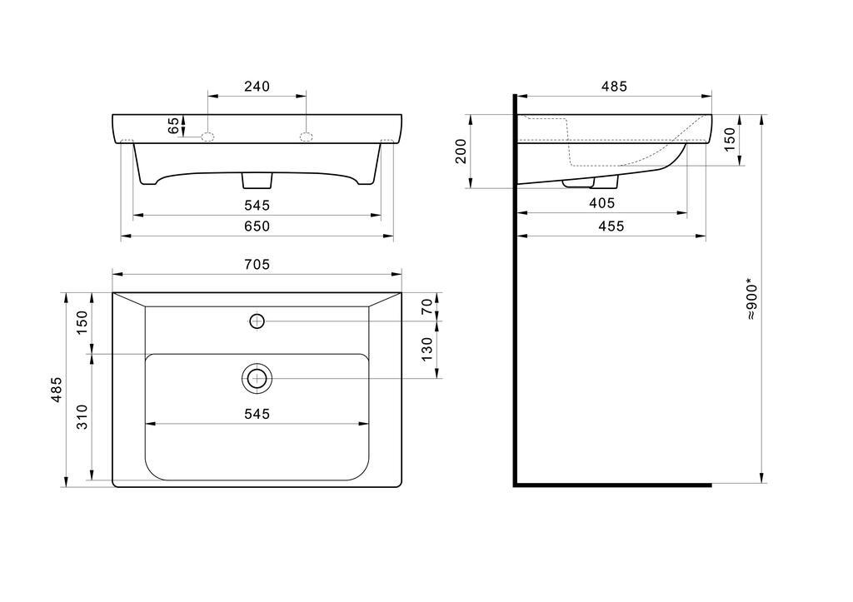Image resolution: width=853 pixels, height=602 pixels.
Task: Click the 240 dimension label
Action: pyautogui.click(x=257, y=87)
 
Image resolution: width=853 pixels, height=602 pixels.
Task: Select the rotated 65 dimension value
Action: pyautogui.click(x=173, y=127)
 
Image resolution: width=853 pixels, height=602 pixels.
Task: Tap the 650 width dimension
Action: pyautogui.click(x=257, y=226)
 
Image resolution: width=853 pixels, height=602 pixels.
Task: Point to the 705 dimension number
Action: pyautogui.click(x=257, y=264)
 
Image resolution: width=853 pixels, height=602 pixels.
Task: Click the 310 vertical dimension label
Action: pyautogui.click(x=82, y=416)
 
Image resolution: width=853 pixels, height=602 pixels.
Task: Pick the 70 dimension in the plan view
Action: pyautogui.click(x=427, y=306)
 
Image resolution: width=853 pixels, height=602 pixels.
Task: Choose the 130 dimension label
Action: pyautogui.click(x=427, y=349)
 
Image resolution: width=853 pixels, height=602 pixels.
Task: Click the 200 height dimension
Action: pyautogui.click(x=461, y=152)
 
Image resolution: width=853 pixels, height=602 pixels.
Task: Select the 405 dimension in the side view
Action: pyautogui.click(x=602, y=203)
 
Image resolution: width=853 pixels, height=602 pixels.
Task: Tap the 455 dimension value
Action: pyautogui.click(x=611, y=226)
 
